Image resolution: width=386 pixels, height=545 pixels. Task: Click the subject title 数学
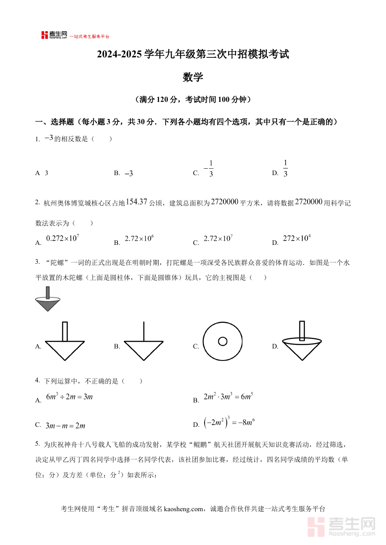[193, 77]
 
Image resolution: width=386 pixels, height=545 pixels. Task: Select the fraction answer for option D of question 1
[285, 168]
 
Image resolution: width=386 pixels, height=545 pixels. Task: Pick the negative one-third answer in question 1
[209, 168]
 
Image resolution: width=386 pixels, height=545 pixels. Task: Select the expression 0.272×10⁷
[62, 239]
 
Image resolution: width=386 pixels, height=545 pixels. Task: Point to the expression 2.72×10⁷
[218, 239]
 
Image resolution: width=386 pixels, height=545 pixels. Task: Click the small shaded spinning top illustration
[47, 299]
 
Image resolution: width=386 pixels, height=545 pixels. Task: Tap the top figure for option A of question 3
[65, 341]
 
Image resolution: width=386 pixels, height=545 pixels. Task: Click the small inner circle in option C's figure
[223, 341]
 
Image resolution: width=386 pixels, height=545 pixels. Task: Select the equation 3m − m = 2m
[65, 426]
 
